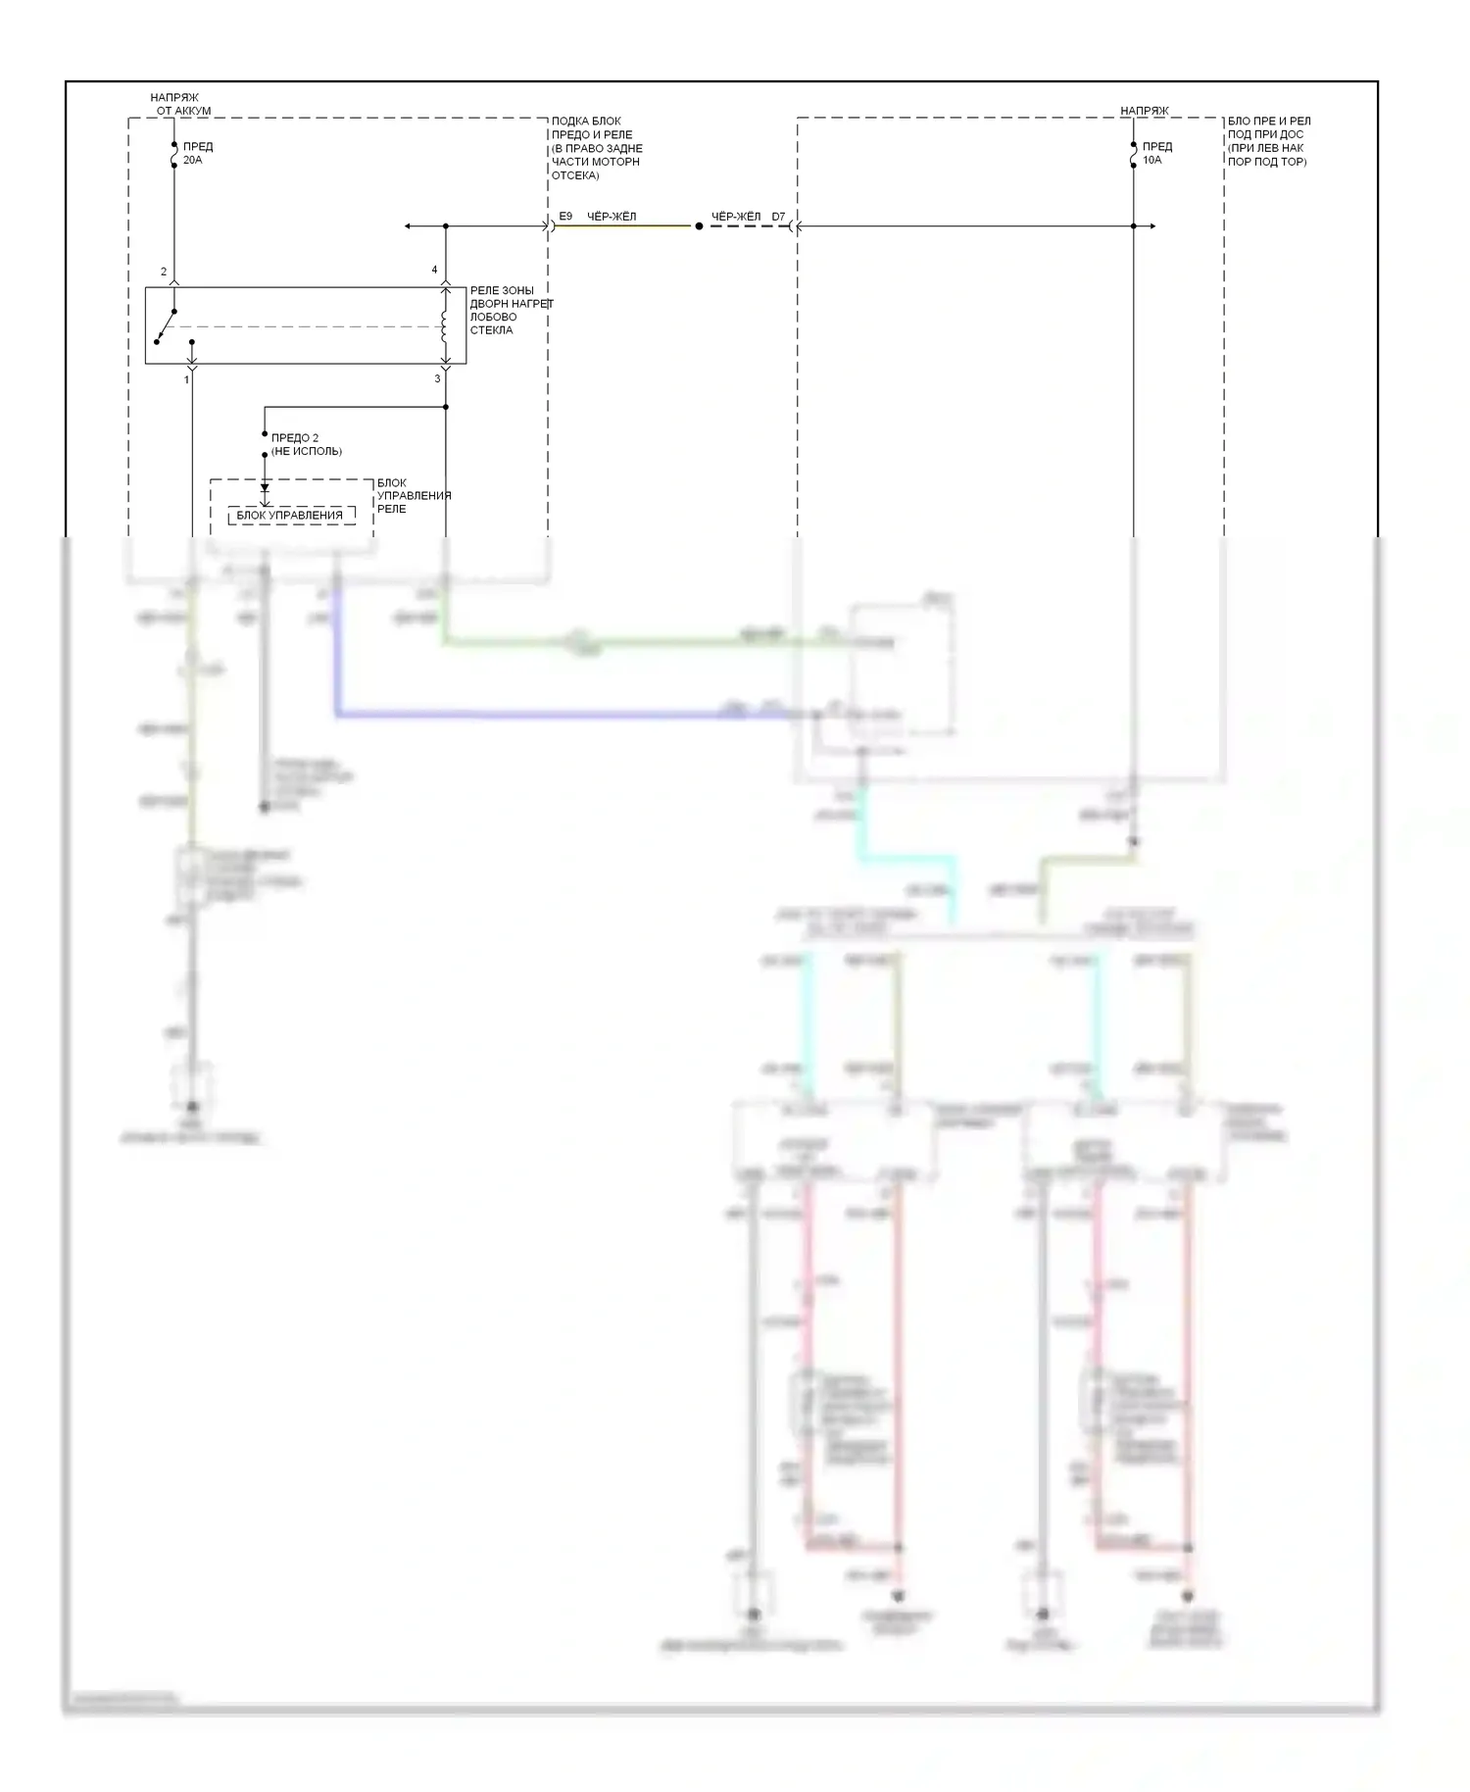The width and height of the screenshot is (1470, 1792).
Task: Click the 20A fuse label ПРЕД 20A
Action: tap(197, 153)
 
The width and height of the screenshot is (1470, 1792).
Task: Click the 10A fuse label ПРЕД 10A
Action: tap(1156, 153)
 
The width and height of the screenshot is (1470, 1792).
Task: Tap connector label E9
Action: tap(565, 216)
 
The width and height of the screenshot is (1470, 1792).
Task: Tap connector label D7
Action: tap(778, 217)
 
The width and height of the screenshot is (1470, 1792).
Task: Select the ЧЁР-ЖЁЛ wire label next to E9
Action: tap(612, 216)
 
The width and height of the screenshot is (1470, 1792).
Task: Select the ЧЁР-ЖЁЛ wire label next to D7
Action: tap(735, 217)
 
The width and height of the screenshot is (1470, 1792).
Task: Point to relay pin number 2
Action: tap(164, 272)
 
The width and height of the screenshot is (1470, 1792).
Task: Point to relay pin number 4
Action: tap(434, 270)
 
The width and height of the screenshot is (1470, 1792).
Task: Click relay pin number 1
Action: tap(186, 379)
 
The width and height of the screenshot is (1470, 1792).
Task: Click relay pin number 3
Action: tap(437, 378)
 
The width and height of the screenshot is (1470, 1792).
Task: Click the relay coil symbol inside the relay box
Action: tap(444, 325)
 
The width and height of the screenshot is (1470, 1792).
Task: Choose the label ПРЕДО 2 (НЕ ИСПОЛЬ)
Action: tap(307, 444)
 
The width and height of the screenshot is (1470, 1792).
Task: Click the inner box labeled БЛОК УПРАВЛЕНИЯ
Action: tap(291, 516)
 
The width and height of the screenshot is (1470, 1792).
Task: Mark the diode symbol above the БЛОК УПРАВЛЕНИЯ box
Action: tap(265, 487)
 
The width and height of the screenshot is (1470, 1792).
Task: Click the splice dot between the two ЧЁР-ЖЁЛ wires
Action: tap(699, 226)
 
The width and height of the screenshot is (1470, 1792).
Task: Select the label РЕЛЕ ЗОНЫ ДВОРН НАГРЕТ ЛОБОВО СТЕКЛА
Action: tap(511, 311)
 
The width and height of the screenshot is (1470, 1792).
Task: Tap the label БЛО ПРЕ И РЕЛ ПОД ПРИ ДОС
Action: tap(1268, 141)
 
